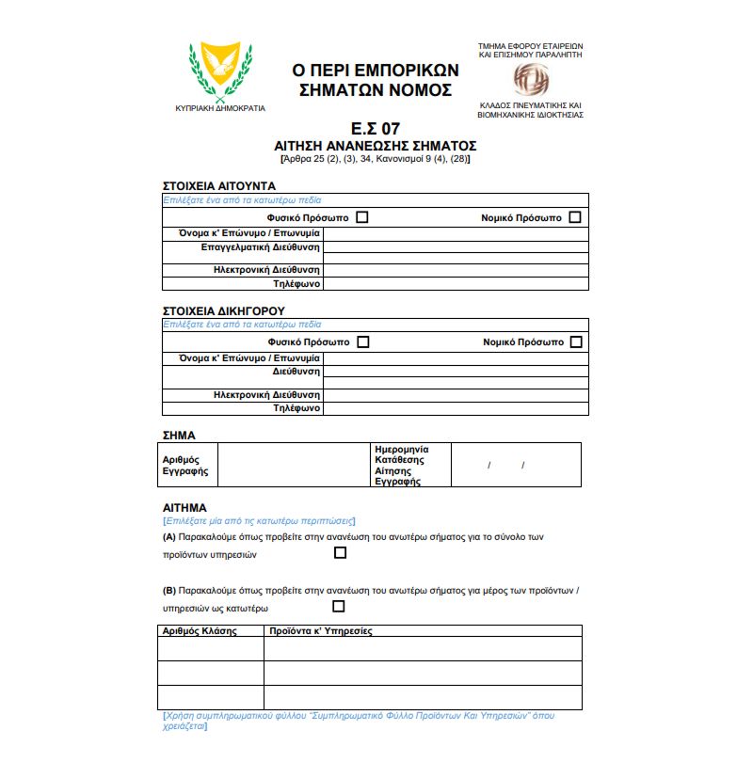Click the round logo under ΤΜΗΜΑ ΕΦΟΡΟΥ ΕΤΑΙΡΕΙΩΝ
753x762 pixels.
pos(530,79)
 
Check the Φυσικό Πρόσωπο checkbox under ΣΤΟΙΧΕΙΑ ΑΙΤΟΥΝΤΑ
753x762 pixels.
pos(362,217)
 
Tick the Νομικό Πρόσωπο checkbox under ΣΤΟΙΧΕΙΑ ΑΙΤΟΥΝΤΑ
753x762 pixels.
pos(575,217)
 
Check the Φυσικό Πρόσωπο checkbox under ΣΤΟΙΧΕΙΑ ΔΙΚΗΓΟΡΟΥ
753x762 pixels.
pos(362,341)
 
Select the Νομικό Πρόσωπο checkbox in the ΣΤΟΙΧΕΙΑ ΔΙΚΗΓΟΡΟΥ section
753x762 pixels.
pos(576,341)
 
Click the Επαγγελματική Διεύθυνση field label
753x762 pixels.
pos(261,247)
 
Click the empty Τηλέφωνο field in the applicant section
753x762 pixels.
pos(456,283)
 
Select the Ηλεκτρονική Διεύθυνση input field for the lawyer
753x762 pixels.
pos(456,395)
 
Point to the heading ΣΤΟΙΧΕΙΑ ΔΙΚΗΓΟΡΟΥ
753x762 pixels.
pos(224,310)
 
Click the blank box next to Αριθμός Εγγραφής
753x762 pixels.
pos(294,465)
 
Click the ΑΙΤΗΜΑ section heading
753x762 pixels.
pos(184,507)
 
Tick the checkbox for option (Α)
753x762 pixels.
pos(341,553)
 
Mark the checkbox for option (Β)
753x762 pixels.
pos(338,607)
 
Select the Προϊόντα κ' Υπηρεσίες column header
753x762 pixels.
pos(321,631)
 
